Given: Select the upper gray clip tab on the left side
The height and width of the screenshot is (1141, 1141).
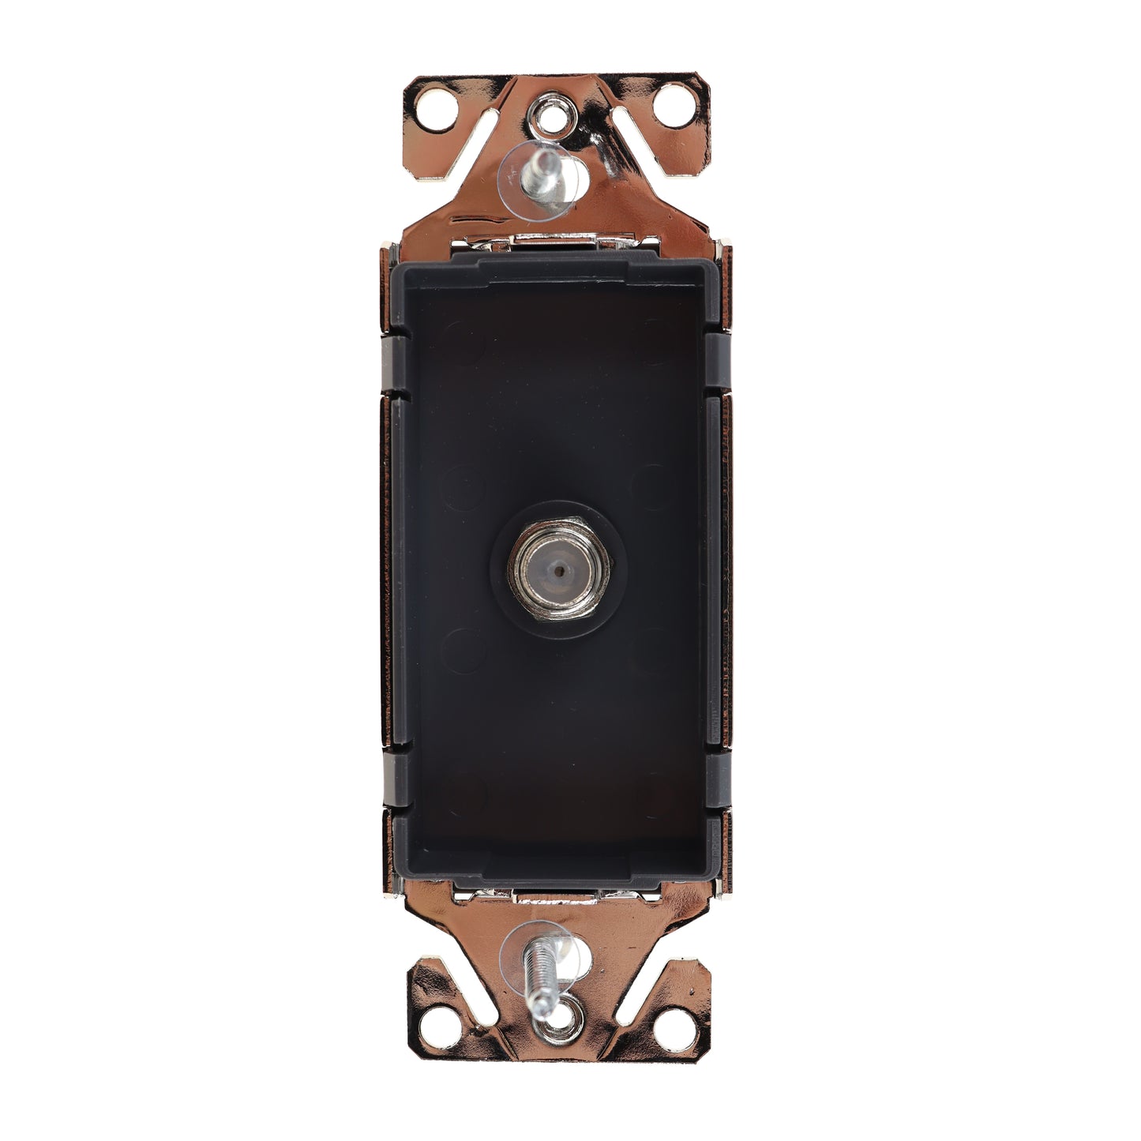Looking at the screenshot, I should point(394,363).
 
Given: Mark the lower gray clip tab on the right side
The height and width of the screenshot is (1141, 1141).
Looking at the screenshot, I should point(719,783).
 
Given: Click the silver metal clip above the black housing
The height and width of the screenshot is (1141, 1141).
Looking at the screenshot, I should point(559,244).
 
